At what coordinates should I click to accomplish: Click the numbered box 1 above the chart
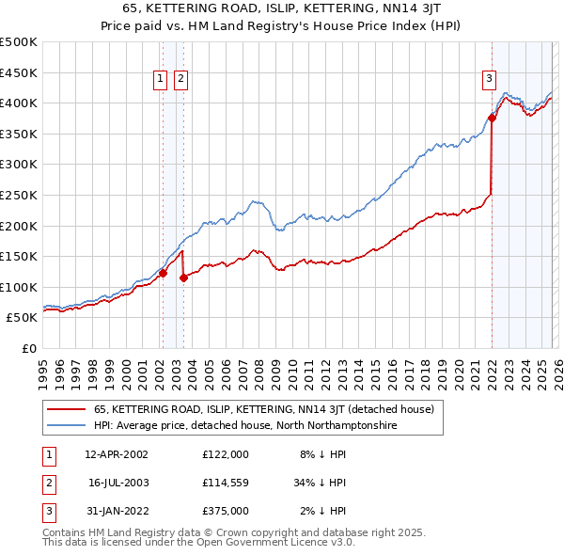(x=161, y=80)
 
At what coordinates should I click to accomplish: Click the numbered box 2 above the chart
(x=180, y=80)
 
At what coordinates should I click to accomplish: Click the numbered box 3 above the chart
(x=490, y=80)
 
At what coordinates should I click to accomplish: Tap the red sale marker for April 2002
(x=163, y=274)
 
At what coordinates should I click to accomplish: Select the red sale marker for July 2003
(x=183, y=277)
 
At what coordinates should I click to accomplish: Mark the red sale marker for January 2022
(x=492, y=118)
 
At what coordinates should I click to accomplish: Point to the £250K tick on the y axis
(x=19, y=195)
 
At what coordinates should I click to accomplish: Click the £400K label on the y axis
(x=19, y=103)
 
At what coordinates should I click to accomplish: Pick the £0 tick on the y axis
(x=30, y=348)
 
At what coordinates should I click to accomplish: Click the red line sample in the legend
(x=66, y=410)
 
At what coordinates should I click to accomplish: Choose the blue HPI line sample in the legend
(x=66, y=426)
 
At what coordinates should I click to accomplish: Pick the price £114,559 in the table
(x=225, y=483)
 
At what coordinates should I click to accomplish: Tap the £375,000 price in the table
(x=225, y=512)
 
